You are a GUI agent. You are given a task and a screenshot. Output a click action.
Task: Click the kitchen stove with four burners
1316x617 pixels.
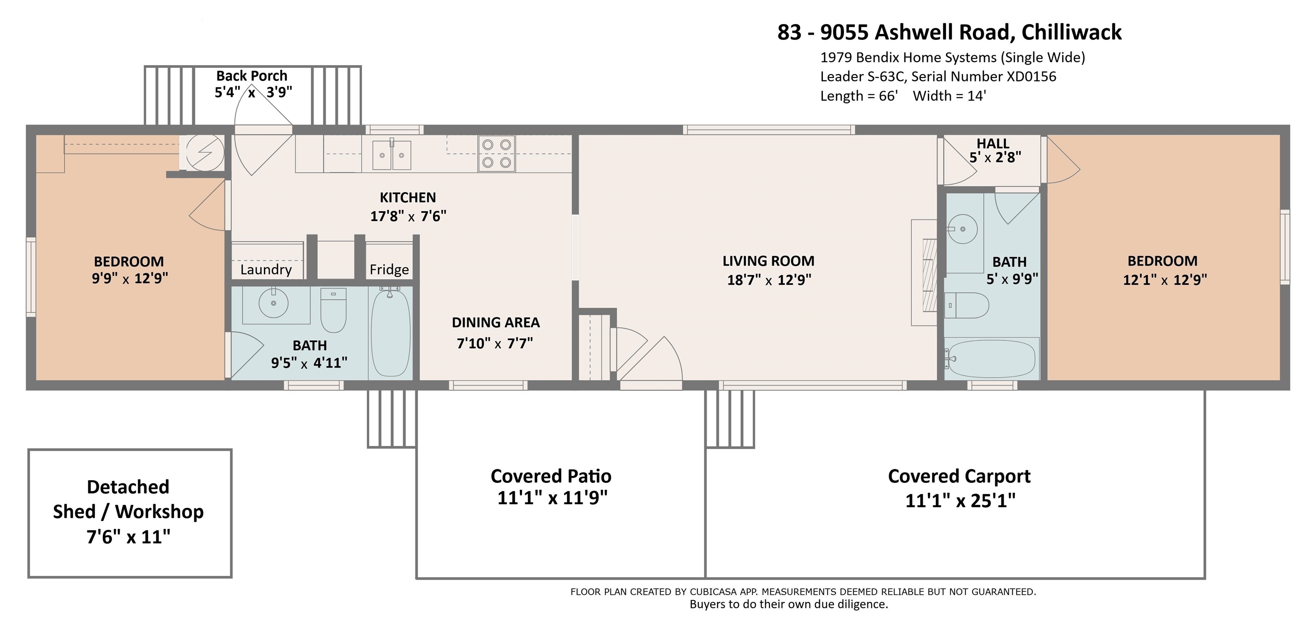pyautogui.click(x=496, y=153)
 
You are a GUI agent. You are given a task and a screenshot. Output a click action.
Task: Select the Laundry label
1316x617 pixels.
pyautogui.click(x=266, y=269)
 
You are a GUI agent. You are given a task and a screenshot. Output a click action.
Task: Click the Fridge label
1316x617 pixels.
pyautogui.click(x=389, y=269)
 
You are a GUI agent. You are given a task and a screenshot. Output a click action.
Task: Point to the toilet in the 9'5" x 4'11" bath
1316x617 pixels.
pyautogui.click(x=333, y=310)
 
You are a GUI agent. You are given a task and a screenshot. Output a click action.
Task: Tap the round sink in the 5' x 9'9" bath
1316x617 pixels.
pyautogui.click(x=963, y=229)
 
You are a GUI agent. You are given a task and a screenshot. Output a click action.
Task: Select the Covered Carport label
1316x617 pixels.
pyautogui.click(x=959, y=476)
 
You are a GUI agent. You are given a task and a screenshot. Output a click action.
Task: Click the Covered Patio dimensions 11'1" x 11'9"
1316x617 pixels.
pyautogui.click(x=552, y=497)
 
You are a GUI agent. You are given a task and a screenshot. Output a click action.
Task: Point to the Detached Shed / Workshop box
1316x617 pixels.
pyautogui.click(x=130, y=513)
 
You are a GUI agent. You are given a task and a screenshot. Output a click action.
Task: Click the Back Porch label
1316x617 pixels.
pyautogui.click(x=251, y=75)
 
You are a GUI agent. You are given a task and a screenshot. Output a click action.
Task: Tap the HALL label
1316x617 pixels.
pyautogui.click(x=993, y=144)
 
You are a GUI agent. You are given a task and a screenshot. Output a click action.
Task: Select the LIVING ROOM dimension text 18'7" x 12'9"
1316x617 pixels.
pyautogui.click(x=769, y=280)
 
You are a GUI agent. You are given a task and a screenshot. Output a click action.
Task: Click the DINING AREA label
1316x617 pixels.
pyautogui.click(x=496, y=322)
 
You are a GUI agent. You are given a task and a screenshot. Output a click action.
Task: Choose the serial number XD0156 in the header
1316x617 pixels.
pyautogui.click(x=1031, y=77)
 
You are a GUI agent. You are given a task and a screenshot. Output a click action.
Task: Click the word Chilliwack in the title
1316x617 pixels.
pyautogui.click(x=1071, y=32)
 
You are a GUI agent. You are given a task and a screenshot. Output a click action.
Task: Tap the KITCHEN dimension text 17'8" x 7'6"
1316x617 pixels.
pyautogui.click(x=408, y=216)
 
